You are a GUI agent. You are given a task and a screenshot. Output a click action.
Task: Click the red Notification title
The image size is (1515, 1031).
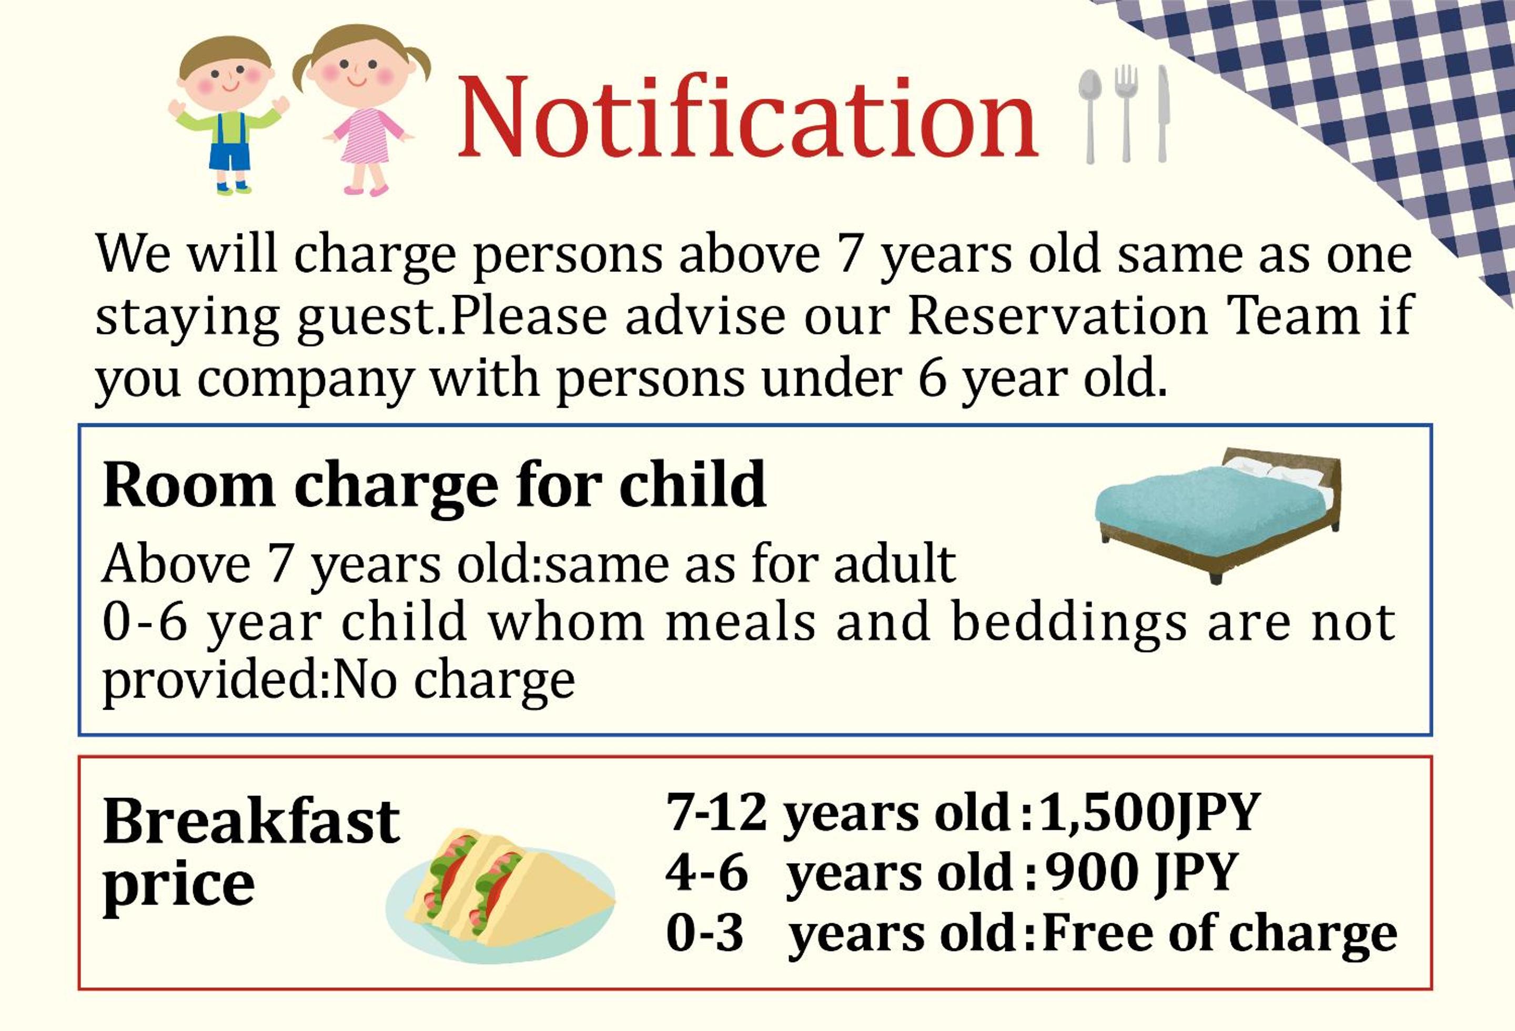tap(748, 117)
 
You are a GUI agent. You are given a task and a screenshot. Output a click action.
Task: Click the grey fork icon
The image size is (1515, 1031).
tap(1125, 114)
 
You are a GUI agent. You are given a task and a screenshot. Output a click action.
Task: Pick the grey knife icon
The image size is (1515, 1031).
tap(1163, 114)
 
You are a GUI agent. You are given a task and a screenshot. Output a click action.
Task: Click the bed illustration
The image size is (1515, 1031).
tap(1218, 515)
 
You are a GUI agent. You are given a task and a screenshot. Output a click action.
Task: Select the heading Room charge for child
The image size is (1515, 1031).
tap(434, 484)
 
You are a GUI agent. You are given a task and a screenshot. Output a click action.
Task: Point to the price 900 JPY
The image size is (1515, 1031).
tap(1141, 872)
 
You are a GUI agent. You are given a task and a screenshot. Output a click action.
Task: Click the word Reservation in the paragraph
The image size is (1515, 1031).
tap(1057, 316)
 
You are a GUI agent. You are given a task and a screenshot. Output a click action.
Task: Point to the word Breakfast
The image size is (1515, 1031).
tap(251, 821)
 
